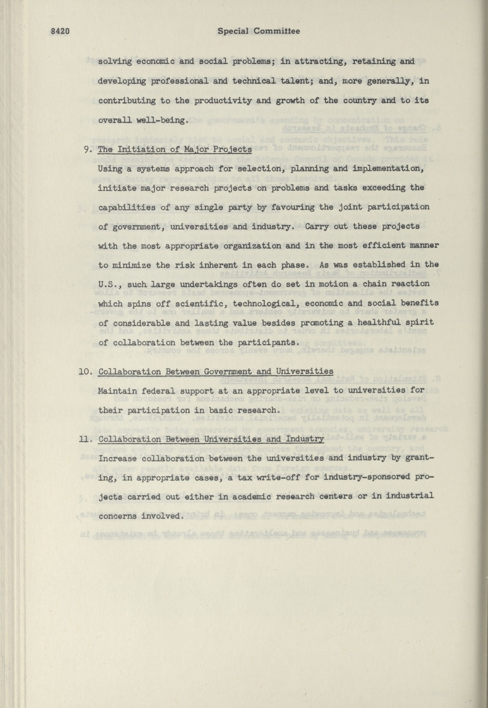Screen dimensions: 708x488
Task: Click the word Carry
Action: click(x=309, y=227)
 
